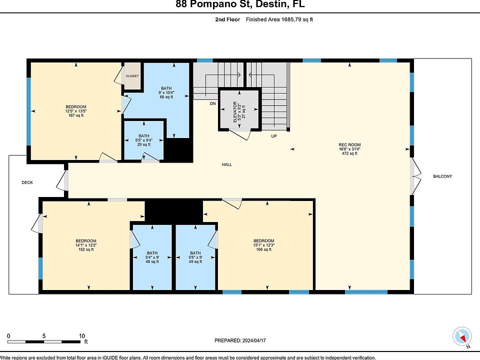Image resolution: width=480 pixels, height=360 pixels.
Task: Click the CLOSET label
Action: point(132,76)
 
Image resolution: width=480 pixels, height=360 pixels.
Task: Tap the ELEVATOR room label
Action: point(235,112)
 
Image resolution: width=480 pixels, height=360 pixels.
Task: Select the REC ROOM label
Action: point(349,145)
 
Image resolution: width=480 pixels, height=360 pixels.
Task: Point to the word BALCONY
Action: point(442,176)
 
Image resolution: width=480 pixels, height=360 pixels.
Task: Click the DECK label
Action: point(27,182)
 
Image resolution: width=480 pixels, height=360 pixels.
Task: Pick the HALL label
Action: point(227,164)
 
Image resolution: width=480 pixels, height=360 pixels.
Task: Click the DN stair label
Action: point(213,103)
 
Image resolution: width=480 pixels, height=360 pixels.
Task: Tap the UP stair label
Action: point(274,136)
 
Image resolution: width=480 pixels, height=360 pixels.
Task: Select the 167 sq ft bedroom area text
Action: point(76,115)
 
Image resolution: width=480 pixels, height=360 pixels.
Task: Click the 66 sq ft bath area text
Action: point(166,97)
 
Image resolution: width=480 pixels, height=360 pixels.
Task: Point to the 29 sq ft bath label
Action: point(144,144)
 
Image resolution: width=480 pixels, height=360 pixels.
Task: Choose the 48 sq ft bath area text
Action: point(152,261)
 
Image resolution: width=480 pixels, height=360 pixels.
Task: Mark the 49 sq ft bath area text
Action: point(195,261)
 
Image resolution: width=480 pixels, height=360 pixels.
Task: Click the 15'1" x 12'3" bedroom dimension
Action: point(263,245)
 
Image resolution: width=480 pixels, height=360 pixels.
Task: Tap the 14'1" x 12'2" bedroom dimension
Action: point(86,245)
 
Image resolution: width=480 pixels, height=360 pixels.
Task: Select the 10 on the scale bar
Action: point(81,336)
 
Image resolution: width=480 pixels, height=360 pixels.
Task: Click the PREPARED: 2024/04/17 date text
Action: point(240,340)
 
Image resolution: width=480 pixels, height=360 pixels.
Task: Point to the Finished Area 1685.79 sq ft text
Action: point(279,19)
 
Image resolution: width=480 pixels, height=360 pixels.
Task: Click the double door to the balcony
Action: point(415,176)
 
